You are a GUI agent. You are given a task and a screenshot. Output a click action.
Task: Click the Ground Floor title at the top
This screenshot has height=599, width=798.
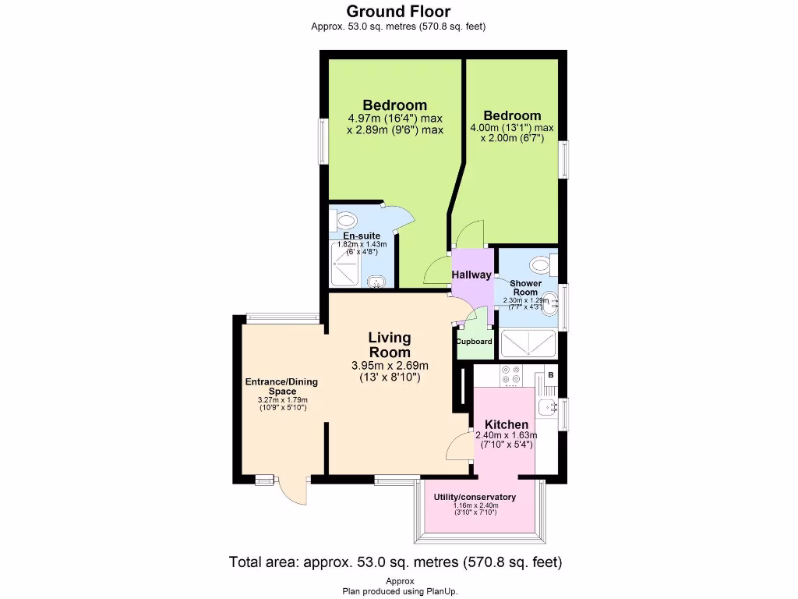[398, 11]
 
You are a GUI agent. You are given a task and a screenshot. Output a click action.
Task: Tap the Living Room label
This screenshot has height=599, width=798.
[389, 345]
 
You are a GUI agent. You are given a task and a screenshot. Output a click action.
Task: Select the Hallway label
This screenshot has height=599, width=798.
[472, 275]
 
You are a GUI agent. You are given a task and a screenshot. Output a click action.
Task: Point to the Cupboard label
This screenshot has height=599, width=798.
[474, 342]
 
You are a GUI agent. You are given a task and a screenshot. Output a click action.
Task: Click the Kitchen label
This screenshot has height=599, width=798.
[507, 424]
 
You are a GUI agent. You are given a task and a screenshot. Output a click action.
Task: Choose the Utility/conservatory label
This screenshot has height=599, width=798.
[475, 497]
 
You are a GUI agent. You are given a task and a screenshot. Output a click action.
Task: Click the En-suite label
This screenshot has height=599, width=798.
[362, 236]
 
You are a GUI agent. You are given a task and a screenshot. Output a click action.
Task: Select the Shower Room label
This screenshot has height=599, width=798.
[526, 288]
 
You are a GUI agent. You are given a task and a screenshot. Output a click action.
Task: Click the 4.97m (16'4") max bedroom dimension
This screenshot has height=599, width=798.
[395, 119]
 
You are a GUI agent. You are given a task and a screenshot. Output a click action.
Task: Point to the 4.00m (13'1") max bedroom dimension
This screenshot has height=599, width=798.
[511, 128]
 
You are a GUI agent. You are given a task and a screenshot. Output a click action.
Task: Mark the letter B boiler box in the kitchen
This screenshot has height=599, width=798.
[550, 376]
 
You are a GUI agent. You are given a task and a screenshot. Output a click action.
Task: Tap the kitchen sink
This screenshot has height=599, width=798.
[547, 406]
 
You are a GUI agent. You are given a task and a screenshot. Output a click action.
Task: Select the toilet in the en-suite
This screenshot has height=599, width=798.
[344, 218]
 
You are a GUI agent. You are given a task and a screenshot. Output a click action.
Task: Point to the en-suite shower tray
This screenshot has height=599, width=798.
[348, 264]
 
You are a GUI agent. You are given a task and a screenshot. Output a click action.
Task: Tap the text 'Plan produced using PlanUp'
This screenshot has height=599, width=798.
[398, 591]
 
